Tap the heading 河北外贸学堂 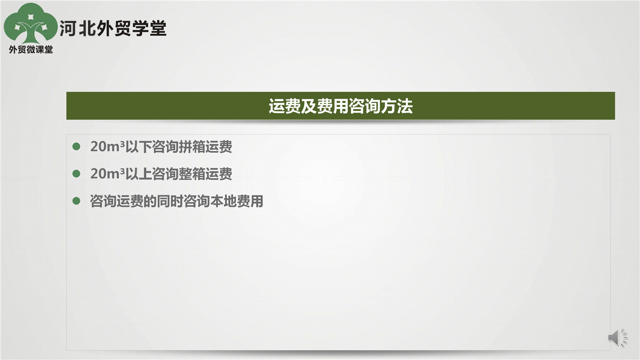[113, 28]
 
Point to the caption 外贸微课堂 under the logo [31, 49]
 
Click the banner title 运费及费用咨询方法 [340, 106]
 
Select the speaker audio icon [617, 337]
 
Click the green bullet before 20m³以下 [76, 146]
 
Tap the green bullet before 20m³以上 [76, 173]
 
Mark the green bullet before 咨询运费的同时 [76, 201]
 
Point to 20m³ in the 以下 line [107, 146]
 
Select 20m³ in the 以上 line [107, 173]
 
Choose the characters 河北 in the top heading [77, 28]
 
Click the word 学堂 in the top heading [149, 28]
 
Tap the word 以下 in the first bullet [138, 147]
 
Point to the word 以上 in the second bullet [138, 174]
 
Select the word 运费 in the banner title [284, 106]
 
